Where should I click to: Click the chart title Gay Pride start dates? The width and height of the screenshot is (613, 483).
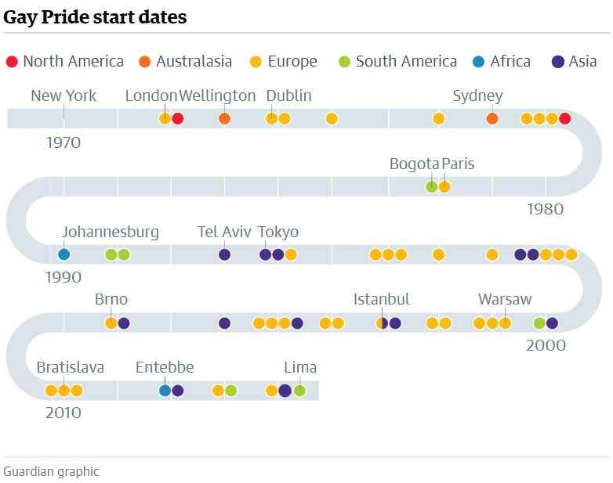95,17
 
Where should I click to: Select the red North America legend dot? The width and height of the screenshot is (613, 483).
12,62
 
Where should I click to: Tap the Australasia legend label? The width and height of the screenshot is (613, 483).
194,61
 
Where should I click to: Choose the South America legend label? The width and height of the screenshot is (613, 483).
406,61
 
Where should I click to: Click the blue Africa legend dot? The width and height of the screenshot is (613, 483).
478,62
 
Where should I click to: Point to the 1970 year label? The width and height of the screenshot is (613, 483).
63,142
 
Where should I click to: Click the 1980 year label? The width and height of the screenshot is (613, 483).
545,209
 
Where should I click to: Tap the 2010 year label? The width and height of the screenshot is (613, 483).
63,413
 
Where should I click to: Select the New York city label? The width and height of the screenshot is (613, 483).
63,96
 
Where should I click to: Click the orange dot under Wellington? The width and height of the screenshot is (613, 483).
224,119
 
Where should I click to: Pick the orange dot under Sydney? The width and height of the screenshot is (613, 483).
492,119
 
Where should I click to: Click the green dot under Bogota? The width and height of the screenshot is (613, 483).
432,186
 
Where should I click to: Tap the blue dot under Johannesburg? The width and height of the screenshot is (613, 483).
64,254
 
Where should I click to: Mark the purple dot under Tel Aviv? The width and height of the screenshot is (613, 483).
224,254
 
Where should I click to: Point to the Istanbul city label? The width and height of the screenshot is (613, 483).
381,300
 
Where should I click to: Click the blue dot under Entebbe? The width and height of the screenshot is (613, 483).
165,391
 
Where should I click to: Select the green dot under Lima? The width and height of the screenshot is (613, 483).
300,391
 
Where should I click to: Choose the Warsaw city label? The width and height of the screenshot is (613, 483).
505,300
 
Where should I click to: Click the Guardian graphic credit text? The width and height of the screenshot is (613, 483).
51,472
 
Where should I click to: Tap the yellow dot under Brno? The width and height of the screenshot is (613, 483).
111,323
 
